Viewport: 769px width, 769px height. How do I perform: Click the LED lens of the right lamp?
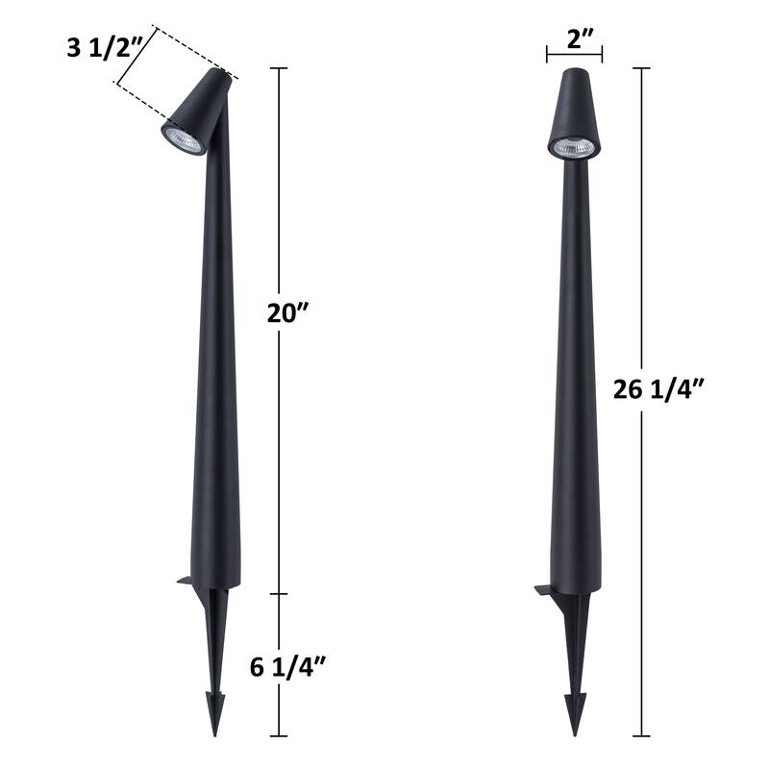pyautogui.click(x=574, y=148)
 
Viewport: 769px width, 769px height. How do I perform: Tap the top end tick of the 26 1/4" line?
pyautogui.click(x=641, y=68)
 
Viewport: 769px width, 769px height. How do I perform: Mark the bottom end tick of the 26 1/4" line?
pyautogui.click(x=641, y=734)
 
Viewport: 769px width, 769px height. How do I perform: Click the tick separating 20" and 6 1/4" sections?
pyautogui.click(x=280, y=594)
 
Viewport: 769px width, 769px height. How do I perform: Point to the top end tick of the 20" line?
pyautogui.click(x=280, y=68)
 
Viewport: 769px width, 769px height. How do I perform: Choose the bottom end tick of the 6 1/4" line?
pyautogui.click(x=280, y=734)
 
